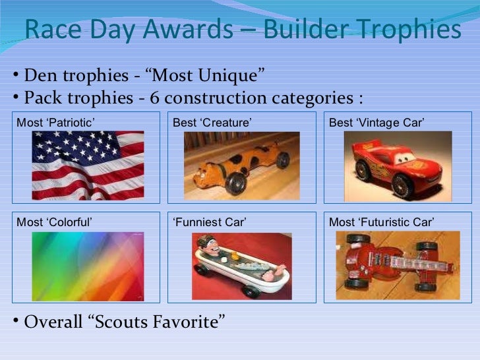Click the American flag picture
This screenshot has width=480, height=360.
click(88, 165)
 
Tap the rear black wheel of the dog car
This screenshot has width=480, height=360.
click(282, 160)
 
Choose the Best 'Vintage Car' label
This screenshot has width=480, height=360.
click(376, 123)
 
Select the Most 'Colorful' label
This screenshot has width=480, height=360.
click(54, 222)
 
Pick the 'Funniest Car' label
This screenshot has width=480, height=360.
click(209, 222)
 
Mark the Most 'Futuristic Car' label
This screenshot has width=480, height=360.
click(381, 222)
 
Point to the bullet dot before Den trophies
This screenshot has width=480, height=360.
click(15, 73)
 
